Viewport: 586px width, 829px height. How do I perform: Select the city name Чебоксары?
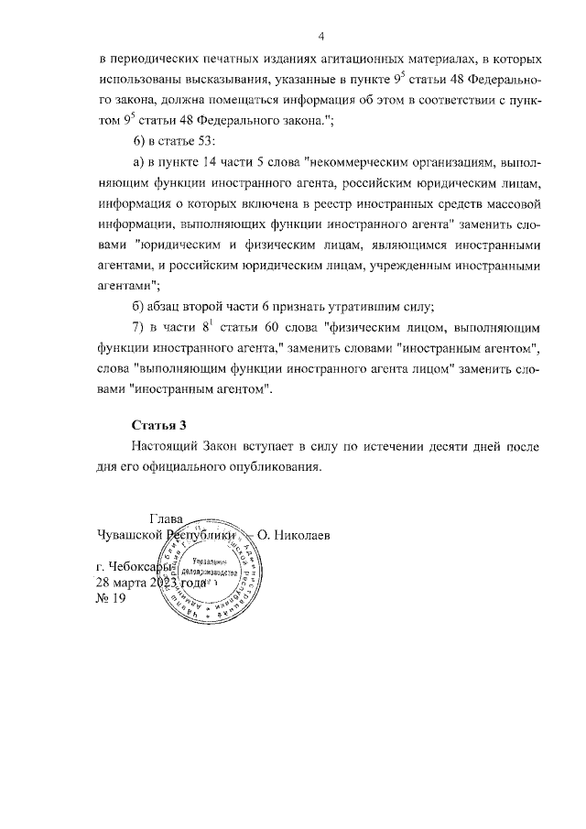[x=141, y=566]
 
